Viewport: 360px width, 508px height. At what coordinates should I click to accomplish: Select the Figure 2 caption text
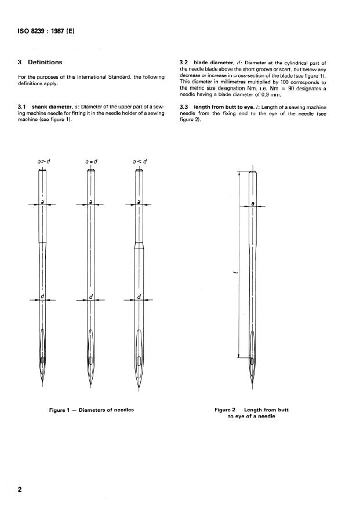tap(251, 414)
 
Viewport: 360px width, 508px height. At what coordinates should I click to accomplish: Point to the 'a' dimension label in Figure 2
tap(253, 203)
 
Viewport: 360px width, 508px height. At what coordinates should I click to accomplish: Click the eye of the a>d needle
tap(43, 363)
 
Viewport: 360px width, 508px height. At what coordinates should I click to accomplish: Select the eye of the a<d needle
tap(139, 363)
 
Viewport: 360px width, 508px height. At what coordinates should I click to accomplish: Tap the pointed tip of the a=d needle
tap(91, 388)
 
